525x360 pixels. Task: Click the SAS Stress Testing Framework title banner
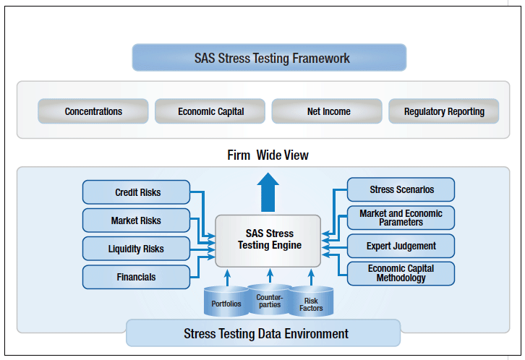(269, 58)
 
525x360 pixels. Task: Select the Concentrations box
(93, 111)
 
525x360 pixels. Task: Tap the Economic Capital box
(210, 111)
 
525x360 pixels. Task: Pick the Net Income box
(328, 111)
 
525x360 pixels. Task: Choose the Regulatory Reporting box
(444, 111)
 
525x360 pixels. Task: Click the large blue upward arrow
(269, 191)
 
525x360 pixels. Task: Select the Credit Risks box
(137, 192)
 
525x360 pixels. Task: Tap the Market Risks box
(137, 220)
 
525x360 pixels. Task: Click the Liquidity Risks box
(137, 249)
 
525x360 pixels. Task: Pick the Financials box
(137, 277)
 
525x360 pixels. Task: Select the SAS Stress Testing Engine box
(269, 239)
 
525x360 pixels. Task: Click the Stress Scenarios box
(401, 189)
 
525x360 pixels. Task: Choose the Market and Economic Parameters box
(401, 218)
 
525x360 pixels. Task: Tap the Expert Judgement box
(401, 246)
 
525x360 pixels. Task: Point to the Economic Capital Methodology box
(401, 273)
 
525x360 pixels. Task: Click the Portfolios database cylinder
(226, 302)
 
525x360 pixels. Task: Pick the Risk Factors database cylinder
(312, 303)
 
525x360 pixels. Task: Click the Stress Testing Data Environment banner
(265, 333)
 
